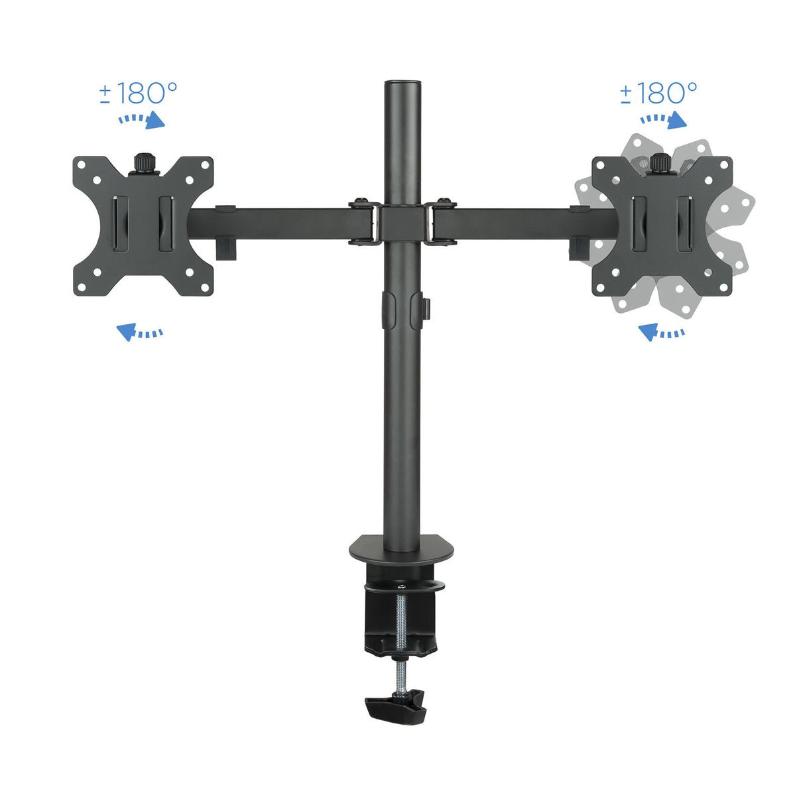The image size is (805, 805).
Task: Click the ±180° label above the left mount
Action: pyautogui.click(x=139, y=93)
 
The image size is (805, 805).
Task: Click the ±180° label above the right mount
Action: pyautogui.click(x=658, y=93)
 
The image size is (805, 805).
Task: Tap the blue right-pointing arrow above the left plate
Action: pyautogui.click(x=141, y=121)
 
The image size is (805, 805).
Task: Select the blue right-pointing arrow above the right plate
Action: pyautogui.click(x=663, y=121)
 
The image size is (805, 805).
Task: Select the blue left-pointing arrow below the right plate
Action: pyautogui.click(x=661, y=331)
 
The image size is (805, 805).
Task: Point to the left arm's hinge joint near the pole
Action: pyautogui.click(x=362, y=222)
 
